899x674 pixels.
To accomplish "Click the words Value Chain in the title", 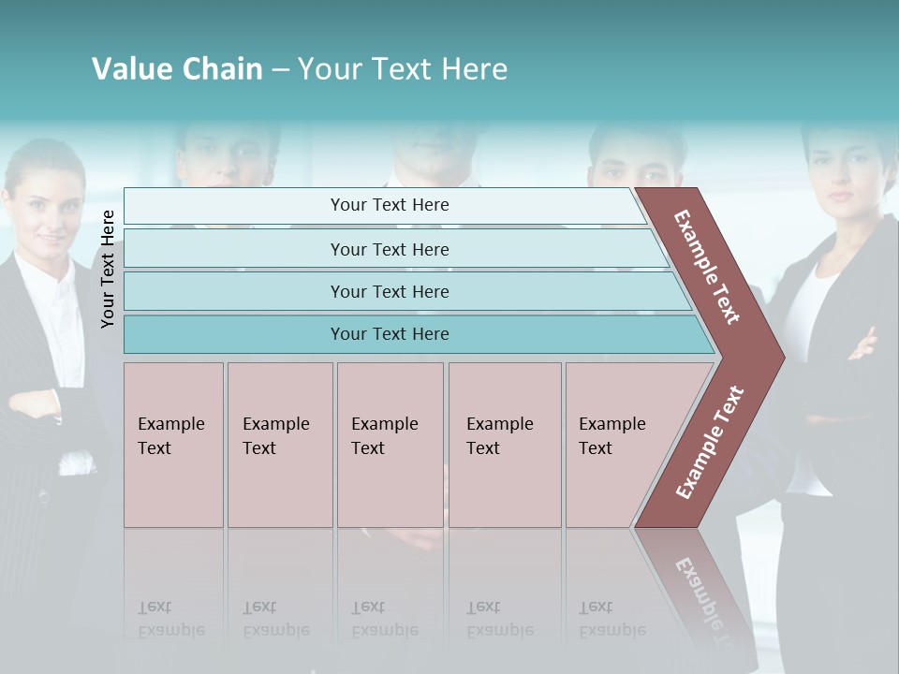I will [x=177, y=69].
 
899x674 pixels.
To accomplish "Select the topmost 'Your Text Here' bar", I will [x=389, y=205].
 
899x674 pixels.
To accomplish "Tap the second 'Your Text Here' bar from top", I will [x=389, y=249].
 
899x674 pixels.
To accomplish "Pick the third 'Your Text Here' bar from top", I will [x=389, y=291].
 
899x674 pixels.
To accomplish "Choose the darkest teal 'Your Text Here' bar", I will [x=389, y=334].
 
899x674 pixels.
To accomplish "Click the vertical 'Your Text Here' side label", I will [x=109, y=269].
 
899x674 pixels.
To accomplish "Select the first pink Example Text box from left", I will [x=173, y=445].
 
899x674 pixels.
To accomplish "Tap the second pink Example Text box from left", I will [x=279, y=445].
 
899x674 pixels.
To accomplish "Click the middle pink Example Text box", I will [x=390, y=445].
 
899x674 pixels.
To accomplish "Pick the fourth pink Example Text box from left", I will [x=504, y=445].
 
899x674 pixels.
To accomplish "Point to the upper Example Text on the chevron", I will [x=708, y=267].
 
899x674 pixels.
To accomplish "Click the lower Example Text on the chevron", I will [x=710, y=442].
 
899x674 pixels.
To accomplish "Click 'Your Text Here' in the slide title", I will [x=403, y=69].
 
